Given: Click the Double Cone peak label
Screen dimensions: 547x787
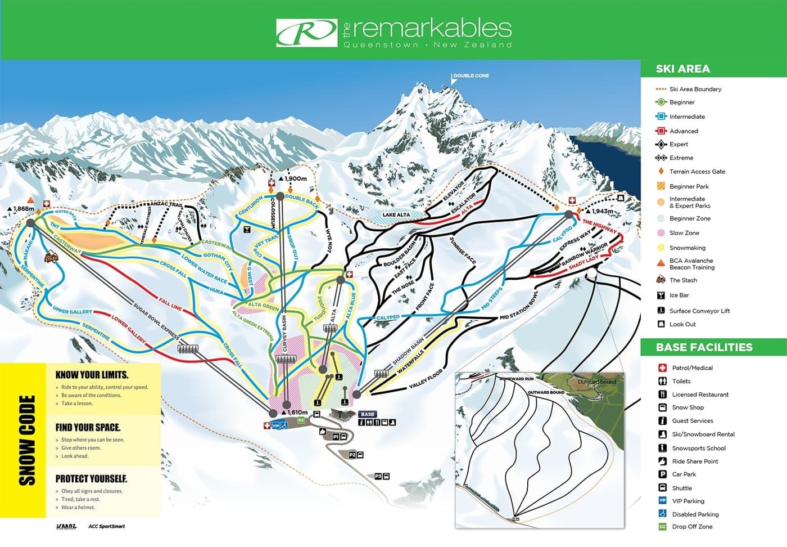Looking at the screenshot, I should click(471, 75).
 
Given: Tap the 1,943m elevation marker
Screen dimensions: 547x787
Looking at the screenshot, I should click(601, 212).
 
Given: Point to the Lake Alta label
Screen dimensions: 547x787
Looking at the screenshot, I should click(396, 215).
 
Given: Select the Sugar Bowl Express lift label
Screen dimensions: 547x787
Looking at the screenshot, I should click(156, 321).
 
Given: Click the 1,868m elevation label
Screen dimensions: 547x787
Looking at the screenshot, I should click(22, 209).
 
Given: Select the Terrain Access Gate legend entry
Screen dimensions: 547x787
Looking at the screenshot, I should click(697, 172).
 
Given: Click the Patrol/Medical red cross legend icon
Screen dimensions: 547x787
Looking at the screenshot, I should click(662, 368).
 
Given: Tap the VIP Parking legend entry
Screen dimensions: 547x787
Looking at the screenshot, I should click(688, 501).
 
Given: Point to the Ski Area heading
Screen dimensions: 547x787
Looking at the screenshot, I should click(682, 69).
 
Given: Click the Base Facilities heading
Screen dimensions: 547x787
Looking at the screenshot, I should click(704, 347).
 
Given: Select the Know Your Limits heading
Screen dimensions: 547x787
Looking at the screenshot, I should click(92, 375).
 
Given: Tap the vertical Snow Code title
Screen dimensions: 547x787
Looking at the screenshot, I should click(27, 440).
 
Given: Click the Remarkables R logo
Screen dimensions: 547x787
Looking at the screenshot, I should click(306, 33).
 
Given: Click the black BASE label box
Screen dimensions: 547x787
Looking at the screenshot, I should click(368, 414).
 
